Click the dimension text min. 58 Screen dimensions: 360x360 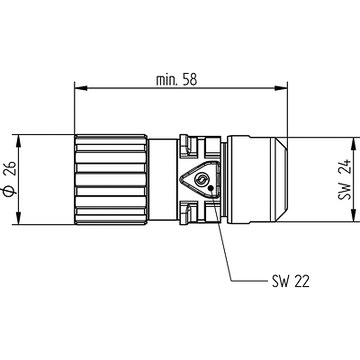click(177, 80)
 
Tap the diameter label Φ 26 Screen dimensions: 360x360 click(10, 178)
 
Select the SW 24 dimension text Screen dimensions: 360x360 click(344, 180)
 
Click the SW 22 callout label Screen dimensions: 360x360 click(291, 282)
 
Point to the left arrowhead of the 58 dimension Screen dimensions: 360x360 click(81, 88)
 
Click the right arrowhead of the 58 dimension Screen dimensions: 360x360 click(281, 88)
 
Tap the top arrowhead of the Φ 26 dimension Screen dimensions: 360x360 click(19, 141)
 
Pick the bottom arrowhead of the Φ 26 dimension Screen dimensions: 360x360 click(19, 218)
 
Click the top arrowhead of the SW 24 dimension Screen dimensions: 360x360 click(353, 144)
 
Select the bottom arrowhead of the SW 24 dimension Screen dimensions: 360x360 click(353, 215)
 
